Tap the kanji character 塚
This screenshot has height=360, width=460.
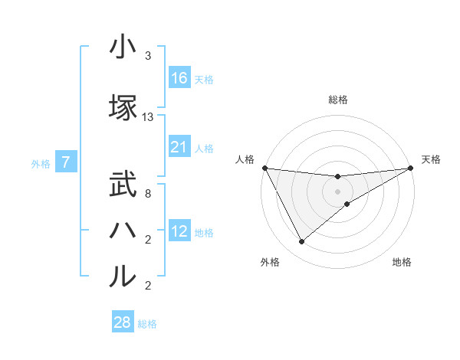pyautogui.click(x=123, y=109)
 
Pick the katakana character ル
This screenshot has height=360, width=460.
pyautogui.click(x=123, y=277)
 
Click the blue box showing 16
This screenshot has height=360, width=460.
pyautogui.click(x=179, y=78)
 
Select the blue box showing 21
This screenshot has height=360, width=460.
pyautogui.click(x=179, y=147)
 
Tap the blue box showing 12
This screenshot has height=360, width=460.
pyautogui.click(x=179, y=231)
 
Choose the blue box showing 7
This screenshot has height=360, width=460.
pyautogui.click(x=67, y=162)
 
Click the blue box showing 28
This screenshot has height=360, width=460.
pyautogui.click(x=123, y=322)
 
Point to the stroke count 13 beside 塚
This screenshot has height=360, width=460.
pyautogui.click(x=148, y=117)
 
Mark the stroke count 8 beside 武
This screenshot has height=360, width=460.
pyautogui.click(x=148, y=194)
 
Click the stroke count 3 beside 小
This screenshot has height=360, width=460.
pyautogui.click(x=148, y=56)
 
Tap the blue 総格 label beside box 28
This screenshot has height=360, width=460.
pyautogui.click(x=147, y=324)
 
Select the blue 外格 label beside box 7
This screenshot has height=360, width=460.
pyautogui.click(x=41, y=163)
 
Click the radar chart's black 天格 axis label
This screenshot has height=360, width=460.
pyautogui.click(x=431, y=159)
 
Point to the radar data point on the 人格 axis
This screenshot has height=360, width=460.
pyautogui.click(x=264, y=168)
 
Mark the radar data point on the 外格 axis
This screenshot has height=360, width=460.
pyautogui.click(x=301, y=242)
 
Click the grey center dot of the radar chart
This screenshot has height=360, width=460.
pyautogui.click(x=338, y=191)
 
